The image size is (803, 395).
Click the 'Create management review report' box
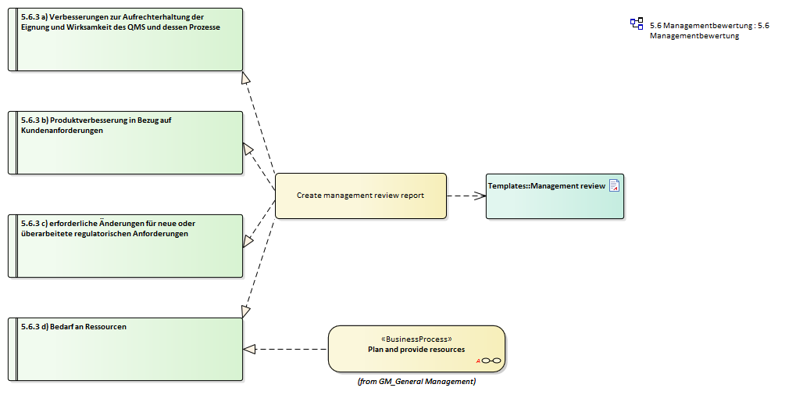pos(360,196)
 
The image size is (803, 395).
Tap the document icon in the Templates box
pos(615,185)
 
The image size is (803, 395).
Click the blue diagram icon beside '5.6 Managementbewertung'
pos(637,24)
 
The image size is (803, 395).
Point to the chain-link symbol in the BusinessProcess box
pos(491,361)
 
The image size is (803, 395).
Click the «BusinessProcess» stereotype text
pos(416,339)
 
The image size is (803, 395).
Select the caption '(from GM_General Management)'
pos(416,382)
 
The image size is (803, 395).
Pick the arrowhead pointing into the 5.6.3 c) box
pos(248,241)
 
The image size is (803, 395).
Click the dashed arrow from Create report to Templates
pos(466,196)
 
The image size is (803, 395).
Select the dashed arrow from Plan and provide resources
pos(289,349)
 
